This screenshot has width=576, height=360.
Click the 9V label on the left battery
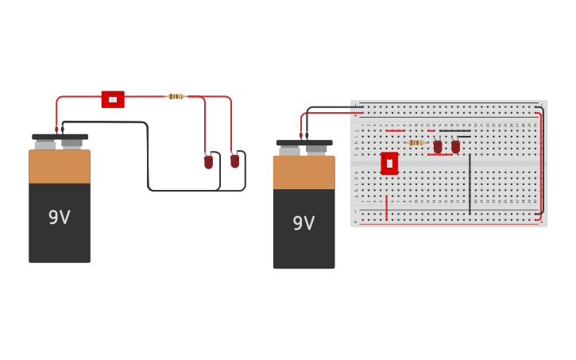[x=60, y=218]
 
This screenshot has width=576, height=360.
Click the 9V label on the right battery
[x=303, y=223]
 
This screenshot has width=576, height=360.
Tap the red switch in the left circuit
[x=113, y=99]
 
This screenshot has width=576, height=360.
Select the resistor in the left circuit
[x=176, y=96]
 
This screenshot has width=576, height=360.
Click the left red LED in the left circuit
[x=208, y=161]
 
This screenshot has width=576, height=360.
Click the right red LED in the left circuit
[x=234, y=161]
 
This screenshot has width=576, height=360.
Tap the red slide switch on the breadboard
[x=389, y=163]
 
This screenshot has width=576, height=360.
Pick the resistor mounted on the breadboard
[x=416, y=142]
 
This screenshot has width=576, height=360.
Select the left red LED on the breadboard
[x=438, y=147]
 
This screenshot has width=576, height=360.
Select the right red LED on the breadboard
[x=455, y=147]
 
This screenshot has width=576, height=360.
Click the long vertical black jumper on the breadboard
[x=470, y=184]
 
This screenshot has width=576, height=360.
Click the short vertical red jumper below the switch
[x=387, y=207]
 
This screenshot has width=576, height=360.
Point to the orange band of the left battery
[x=60, y=167]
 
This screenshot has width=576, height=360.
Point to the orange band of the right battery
[x=303, y=172]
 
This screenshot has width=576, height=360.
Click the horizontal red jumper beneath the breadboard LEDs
[x=440, y=154]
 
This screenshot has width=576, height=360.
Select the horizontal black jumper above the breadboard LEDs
[x=454, y=130]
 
